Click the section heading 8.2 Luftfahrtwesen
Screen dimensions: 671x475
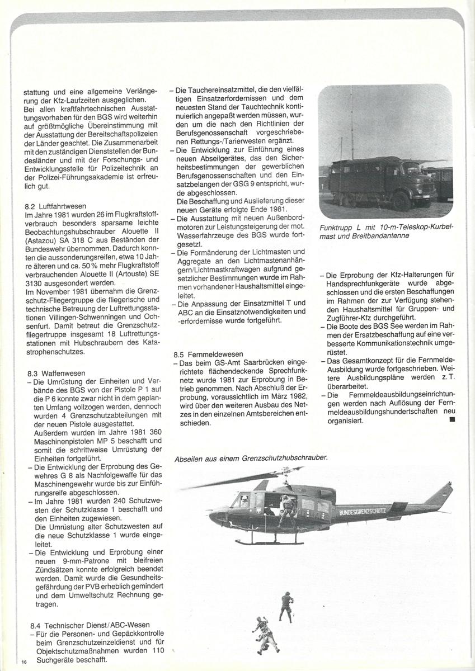54,206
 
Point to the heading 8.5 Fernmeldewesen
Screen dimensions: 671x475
208,354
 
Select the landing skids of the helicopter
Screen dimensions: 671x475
269,541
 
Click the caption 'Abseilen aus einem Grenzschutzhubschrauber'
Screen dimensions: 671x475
251,457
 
